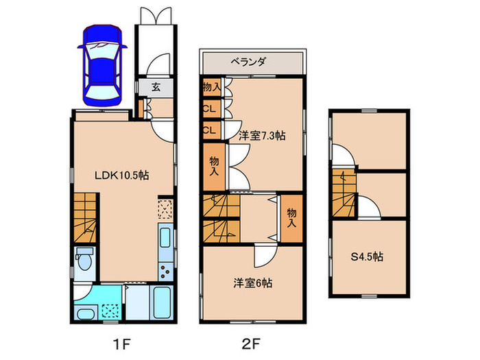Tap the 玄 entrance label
tap(156, 87)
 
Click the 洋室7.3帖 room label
tap(261, 135)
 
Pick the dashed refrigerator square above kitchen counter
tap(166, 208)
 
